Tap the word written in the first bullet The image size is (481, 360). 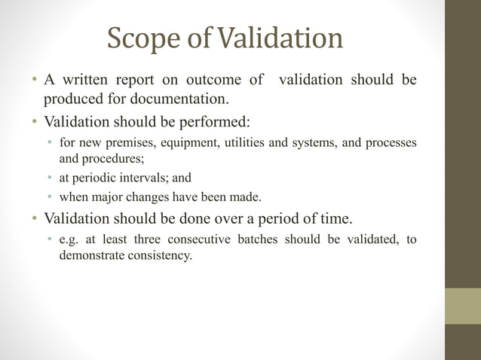(x=89, y=80)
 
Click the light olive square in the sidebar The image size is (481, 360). (x=462, y=306)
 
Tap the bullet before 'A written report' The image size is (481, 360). (x=35, y=81)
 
